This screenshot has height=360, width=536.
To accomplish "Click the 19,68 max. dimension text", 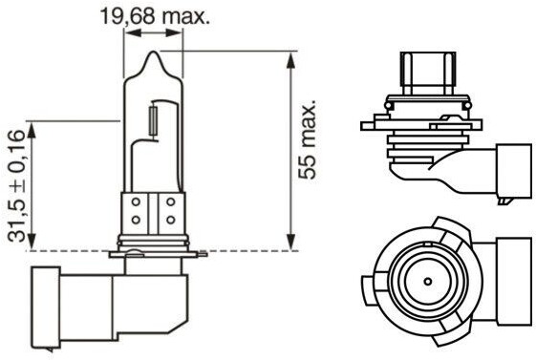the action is coord(155,16).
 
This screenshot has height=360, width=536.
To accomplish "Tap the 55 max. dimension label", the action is coord(307,139).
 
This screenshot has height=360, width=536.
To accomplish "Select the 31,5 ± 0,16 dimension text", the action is coord(16,186).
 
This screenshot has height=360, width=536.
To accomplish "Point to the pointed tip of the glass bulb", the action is coord(154,52).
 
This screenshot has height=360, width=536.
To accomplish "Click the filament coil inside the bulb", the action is coord(154,121).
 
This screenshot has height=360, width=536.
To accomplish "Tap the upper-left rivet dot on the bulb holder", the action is coord(136,201).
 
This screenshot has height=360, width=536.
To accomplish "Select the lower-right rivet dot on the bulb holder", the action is coord(171,220).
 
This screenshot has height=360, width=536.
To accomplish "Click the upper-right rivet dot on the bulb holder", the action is coord(171,201).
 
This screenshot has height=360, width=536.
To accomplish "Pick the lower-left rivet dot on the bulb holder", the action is coord(136,220).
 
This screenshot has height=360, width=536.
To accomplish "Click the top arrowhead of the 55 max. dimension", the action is coord(290,60).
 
